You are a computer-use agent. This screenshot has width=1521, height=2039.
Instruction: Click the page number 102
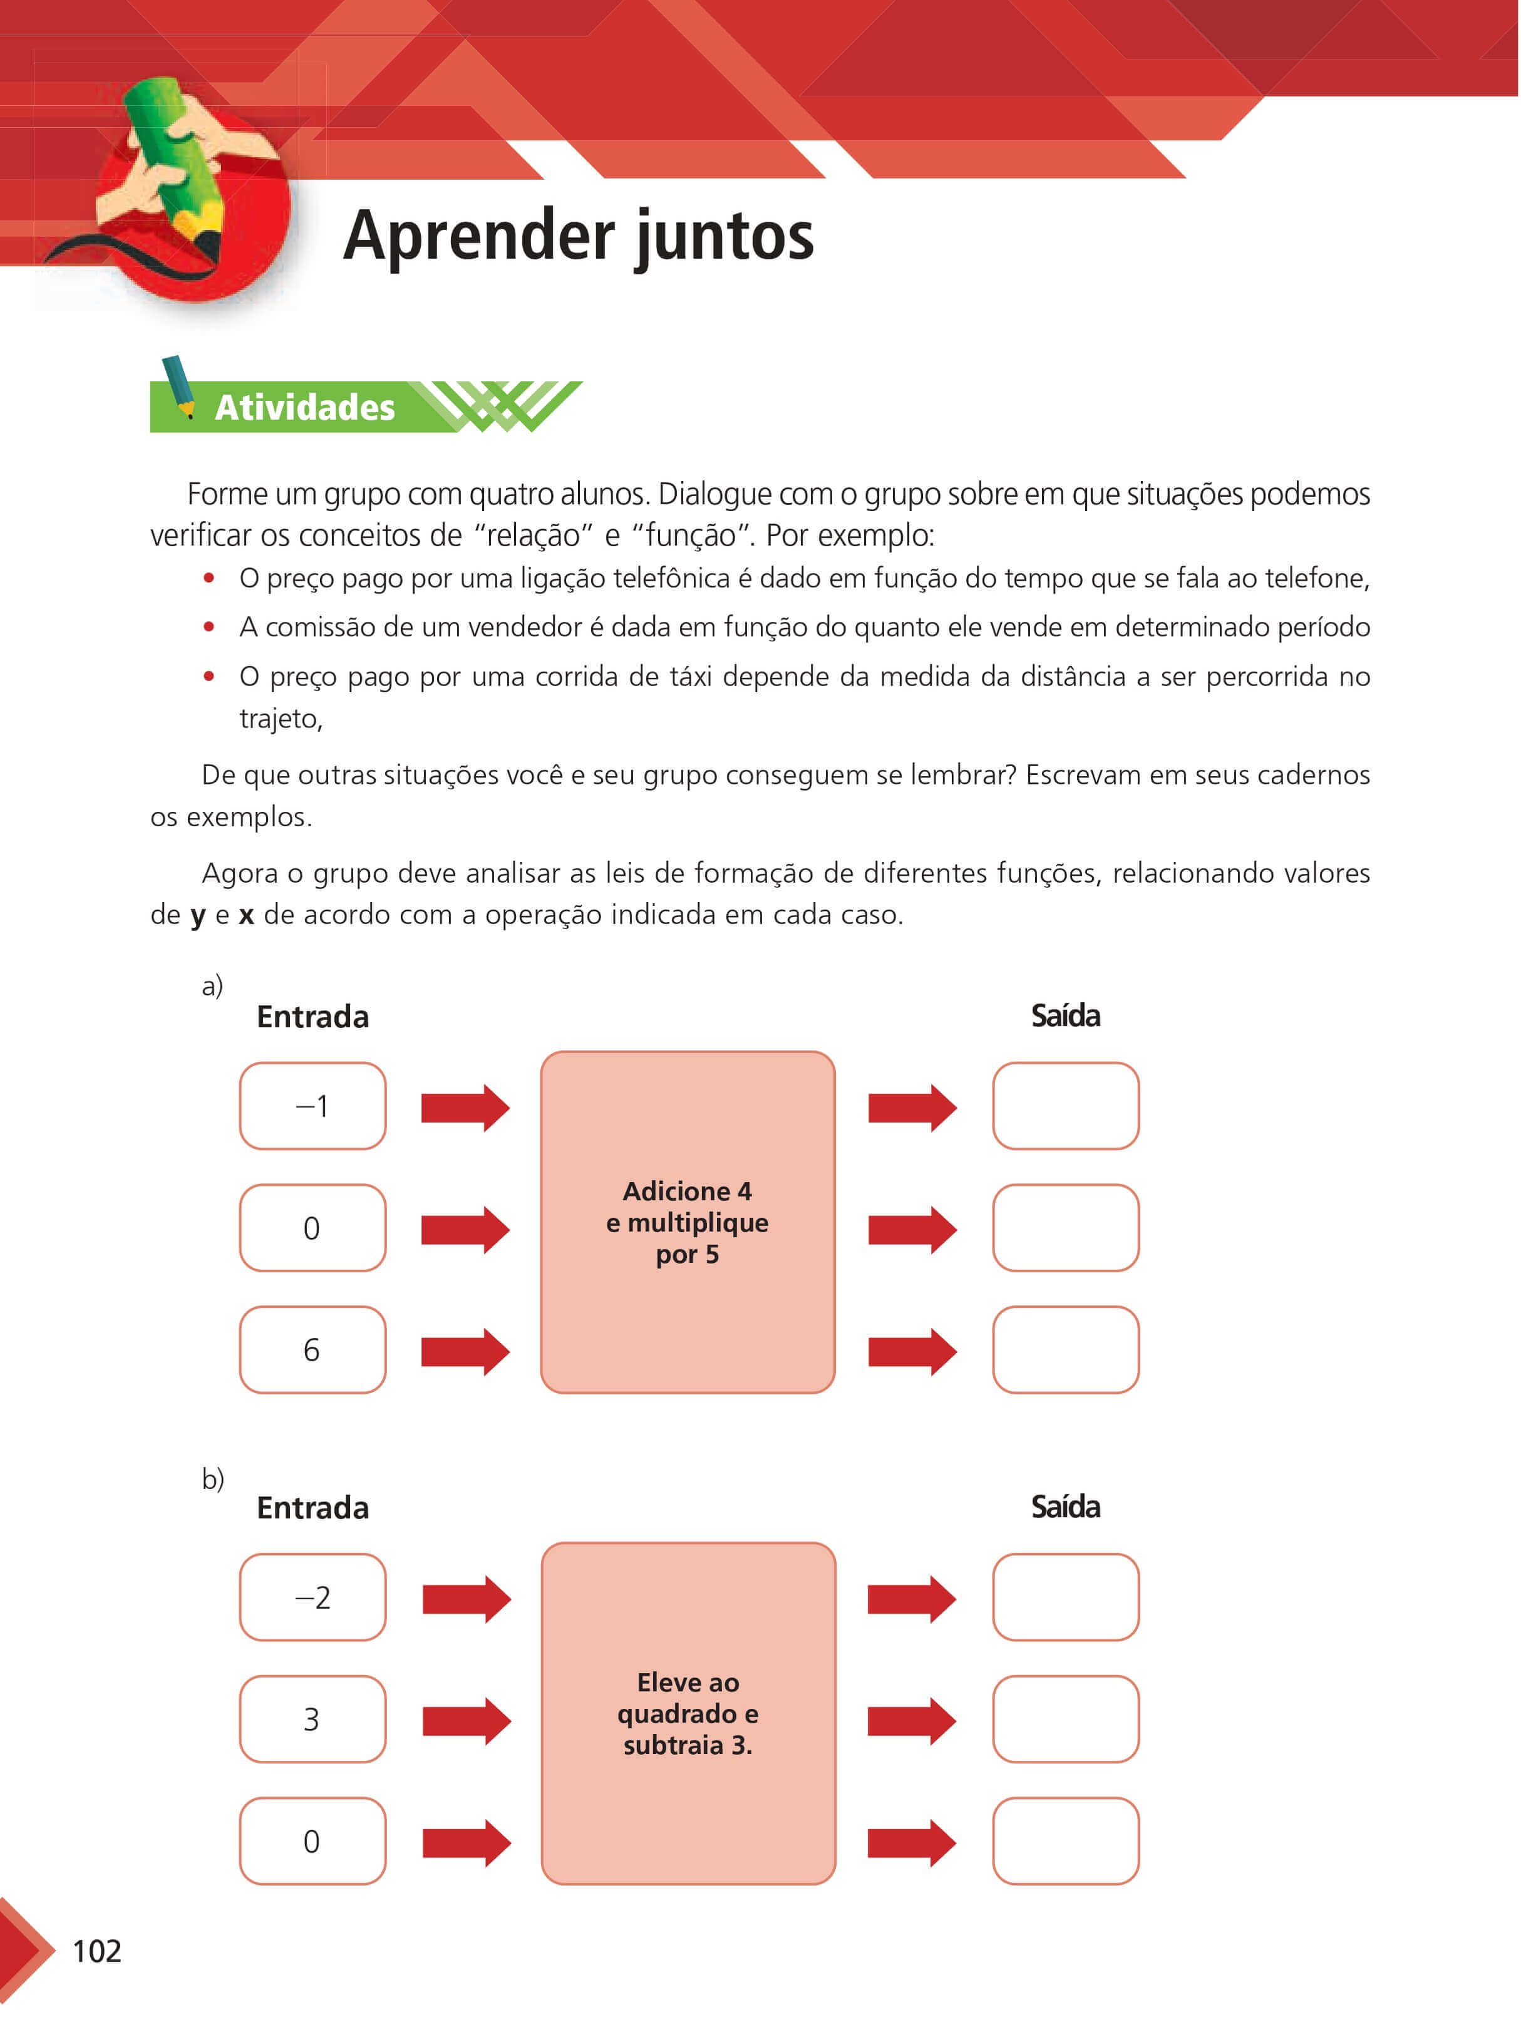pyautogui.click(x=96, y=1951)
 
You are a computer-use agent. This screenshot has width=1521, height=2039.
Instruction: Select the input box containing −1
pyautogui.click(x=312, y=1105)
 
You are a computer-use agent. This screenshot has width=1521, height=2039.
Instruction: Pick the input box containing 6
pyautogui.click(x=312, y=1349)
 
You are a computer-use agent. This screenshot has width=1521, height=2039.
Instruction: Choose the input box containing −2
pyautogui.click(x=312, y=1596)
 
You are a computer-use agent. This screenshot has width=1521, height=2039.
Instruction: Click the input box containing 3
pyautogui.click(x=312, y=1718)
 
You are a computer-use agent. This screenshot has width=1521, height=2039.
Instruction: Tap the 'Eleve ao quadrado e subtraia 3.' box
pyautogui.click(x=688, y=1713)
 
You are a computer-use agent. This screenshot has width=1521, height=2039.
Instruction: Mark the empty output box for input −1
pyautogui.click(x=1065, y=1105)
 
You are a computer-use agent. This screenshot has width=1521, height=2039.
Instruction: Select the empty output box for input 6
pyautogui.click(x=1065, y=1349)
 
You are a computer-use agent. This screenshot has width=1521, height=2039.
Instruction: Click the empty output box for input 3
pyautogui.click(x=1065, y=1718)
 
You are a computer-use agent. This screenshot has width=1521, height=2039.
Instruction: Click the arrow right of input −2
pyautogui.click(x=466, y=1599)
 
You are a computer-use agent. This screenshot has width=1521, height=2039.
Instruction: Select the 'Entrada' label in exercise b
pyautogui.click(x=312, y=1508)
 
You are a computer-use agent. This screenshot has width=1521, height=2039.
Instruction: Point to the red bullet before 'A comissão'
pyautogui.click(x=209, y=627)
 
